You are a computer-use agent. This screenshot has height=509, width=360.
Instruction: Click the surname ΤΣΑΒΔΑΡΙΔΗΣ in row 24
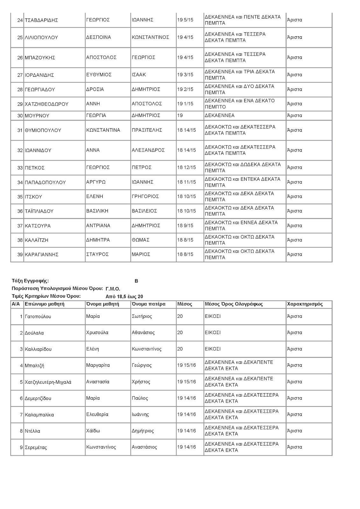click(41, 20)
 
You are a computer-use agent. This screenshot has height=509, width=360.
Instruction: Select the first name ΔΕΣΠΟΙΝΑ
click(98, 37)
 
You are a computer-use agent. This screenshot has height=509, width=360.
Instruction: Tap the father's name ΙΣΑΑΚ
click(138, 75)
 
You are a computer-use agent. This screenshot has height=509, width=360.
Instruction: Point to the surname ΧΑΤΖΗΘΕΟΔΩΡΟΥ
click(46, 104)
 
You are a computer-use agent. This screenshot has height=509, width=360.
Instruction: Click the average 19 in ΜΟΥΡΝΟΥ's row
click(180, 115)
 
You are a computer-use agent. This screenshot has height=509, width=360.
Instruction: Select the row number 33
click(20, 168)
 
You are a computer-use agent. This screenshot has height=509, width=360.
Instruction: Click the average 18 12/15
click(187, 168)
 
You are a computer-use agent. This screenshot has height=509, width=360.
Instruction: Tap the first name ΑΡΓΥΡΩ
click(95, 182)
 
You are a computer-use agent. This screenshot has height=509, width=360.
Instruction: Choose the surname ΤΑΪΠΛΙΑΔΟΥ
click(39, 211)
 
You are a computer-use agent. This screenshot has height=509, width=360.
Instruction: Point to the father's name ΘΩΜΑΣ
click(140, 240)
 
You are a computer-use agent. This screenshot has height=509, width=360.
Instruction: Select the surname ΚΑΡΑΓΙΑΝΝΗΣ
click(42, 254)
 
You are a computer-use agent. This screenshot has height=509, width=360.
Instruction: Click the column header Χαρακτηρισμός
click(305, 304)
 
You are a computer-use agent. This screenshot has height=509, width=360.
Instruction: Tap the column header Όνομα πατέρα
click(148, 304)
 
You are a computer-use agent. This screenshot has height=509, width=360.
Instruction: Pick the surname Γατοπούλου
click(38, 317)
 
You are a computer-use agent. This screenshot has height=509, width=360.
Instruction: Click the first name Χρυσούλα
click(97, 333)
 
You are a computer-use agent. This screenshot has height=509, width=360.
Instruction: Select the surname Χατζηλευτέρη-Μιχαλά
click(48, 382)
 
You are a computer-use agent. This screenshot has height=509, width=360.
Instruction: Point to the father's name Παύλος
click(140, 398)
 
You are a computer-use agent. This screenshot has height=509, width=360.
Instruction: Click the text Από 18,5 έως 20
click(124, 296)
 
